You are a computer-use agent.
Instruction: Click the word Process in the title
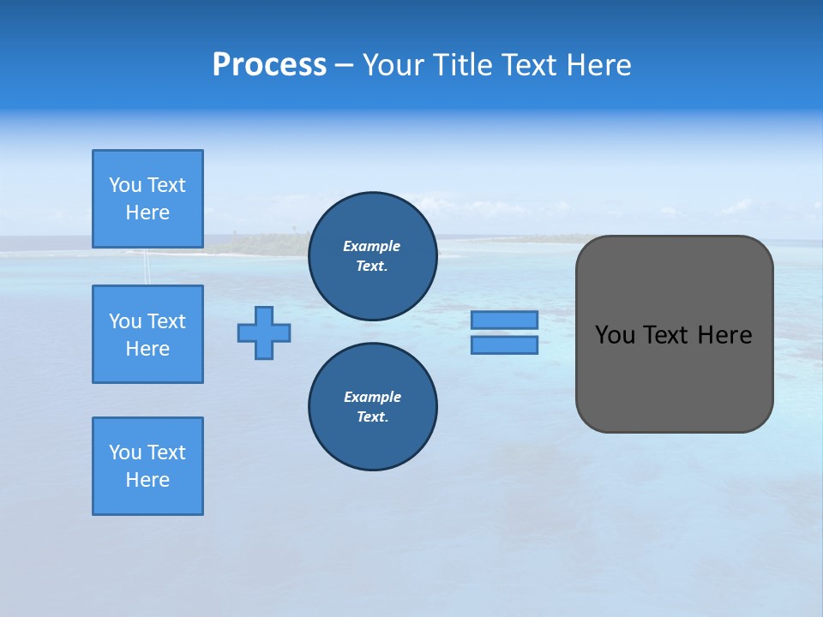tap(269, 65)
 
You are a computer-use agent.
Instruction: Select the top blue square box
tap(147, 199)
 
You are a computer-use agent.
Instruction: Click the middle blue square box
tap(147, 334)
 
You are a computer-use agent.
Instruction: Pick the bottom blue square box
tap(147, 466)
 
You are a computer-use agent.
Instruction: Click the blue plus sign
tap(264, 332)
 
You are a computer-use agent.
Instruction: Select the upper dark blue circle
tap(372, 256)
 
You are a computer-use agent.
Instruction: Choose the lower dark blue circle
tap(372, 407)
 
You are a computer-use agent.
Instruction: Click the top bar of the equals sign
tap(504, 320)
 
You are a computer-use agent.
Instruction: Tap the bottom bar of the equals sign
tap(504, 345)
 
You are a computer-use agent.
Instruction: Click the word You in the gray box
tap(615, 335)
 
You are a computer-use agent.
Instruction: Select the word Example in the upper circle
tap(371, 246)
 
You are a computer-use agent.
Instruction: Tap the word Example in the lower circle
tap(372, 397)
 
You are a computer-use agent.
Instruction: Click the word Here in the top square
tap(147, 213)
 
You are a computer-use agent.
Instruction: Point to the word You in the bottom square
tap(125, 452)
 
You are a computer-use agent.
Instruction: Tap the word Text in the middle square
tap(166, 321)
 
